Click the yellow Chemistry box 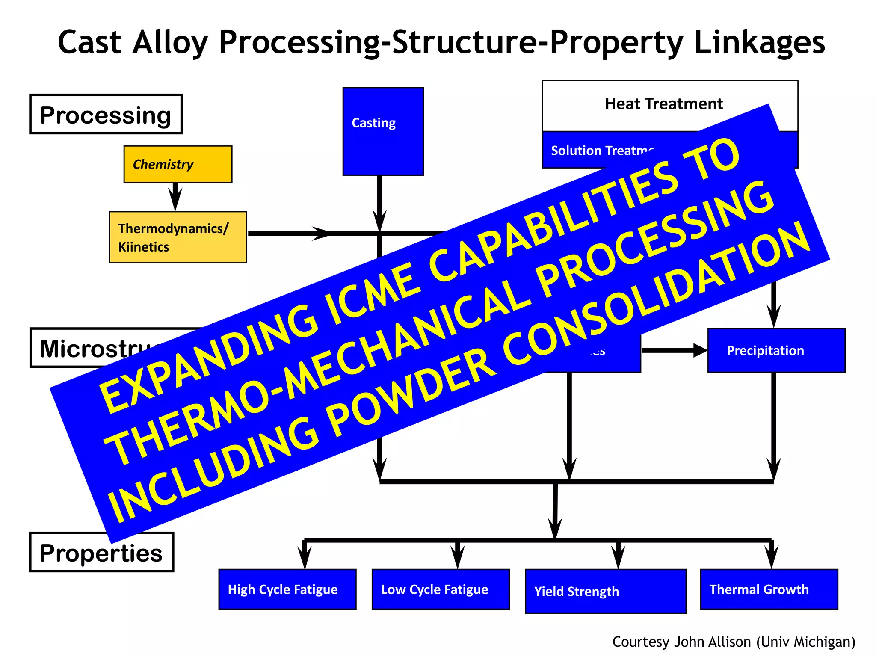(x=178, y=164)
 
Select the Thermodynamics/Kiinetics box (x=178, y=237)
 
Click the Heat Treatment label (x=663, y=104)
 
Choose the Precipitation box (x=776, y=350)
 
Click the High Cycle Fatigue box (x=287, y=589)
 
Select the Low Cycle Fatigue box (x=440, y=589)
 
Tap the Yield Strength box (x=605, y=591)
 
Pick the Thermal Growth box (x=769, y=589)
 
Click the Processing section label (x=106, y=115)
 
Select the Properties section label (x=101, y=552)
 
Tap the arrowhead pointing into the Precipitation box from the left (x=700, y=350)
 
